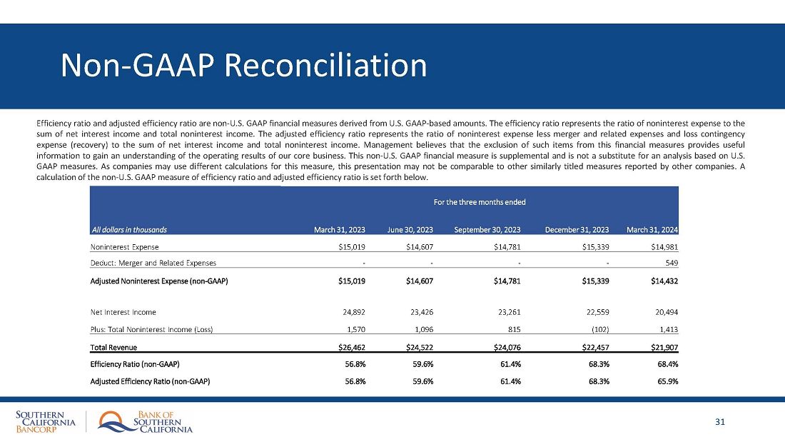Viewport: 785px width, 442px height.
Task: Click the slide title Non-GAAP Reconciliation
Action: [x=244, y=66]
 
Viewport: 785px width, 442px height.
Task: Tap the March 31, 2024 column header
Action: [x=652, y=230]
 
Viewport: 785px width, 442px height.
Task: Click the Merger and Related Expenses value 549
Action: [x=670, y=263]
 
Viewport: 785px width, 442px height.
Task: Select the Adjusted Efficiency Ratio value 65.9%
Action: [x=666, y=381]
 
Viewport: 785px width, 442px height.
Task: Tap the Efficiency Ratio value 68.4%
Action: [x=666, y=364]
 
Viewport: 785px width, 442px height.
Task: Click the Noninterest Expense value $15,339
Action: [x=592, y=247]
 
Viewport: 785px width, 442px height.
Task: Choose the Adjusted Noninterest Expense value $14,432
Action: [x=661, y=281]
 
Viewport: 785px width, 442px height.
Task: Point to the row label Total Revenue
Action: [x=113, y=348]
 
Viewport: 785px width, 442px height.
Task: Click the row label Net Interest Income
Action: [x=123, y=312]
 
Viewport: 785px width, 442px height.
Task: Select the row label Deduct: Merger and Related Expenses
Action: [x=153, y=263]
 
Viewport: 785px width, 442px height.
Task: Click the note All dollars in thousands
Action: [x=128, y=230]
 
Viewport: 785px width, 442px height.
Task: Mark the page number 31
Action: [x=720, y=422]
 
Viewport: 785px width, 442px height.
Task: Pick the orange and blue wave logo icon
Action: [x=114, y=421]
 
